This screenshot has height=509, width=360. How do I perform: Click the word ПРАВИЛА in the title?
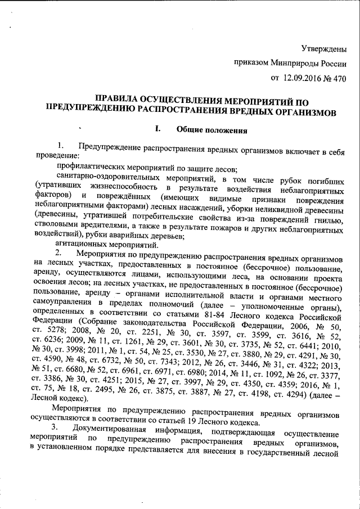[118, 100]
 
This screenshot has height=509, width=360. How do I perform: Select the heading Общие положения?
[211, 131]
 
